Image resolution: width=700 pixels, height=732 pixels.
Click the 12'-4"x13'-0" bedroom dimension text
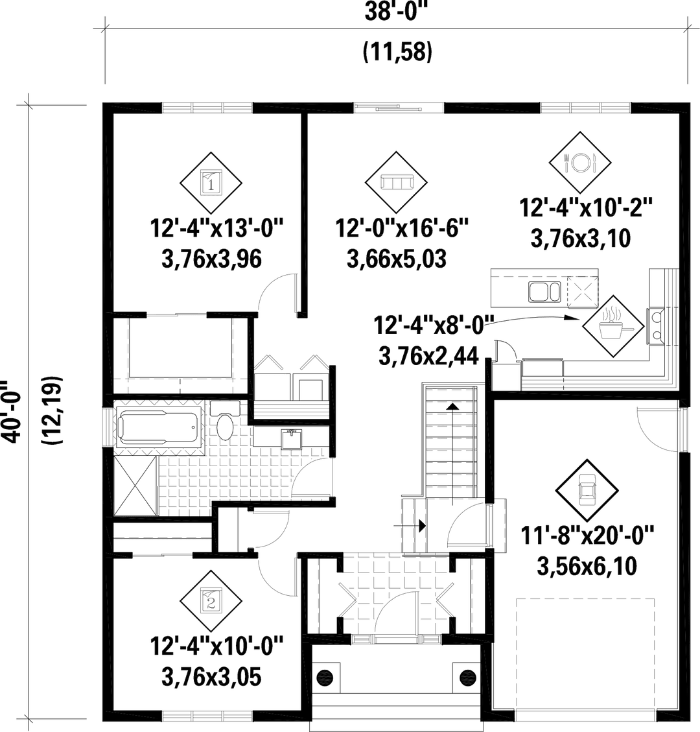point(218,229)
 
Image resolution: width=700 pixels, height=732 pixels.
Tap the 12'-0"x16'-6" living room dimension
point(402,229)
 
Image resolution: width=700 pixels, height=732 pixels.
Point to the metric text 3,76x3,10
point(581,239)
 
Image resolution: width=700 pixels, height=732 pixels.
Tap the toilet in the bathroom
point(223,425)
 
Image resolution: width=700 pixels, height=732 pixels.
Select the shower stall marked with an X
point(135,482)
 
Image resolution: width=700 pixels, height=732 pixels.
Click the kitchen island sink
point(542,293)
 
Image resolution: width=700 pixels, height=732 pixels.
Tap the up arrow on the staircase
point(452,405)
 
